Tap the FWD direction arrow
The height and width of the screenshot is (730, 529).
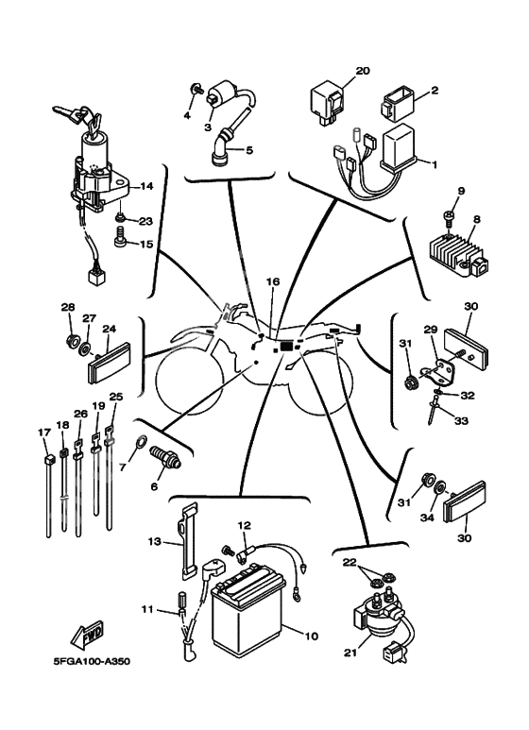pos(87,635)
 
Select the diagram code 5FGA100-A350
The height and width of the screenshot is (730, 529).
pos(92,662)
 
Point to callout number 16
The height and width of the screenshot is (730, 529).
pos(273,281)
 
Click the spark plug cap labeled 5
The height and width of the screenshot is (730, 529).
pos(223,148)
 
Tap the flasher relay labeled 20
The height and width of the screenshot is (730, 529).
pos(327,101)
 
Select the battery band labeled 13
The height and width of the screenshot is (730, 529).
pos(188,540)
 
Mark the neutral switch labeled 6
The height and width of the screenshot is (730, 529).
pos(165,458)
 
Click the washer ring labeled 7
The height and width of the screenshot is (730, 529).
pos(140,439)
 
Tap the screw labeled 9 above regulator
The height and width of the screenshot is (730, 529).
pos(449,221)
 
